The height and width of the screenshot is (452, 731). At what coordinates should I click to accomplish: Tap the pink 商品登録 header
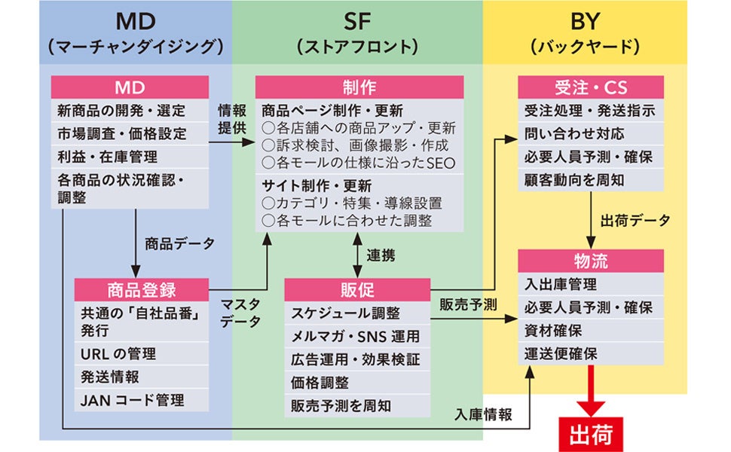click(141, 289)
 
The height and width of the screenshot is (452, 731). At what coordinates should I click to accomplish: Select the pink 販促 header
click(356, 289)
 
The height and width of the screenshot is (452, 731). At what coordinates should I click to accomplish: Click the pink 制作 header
click(359, 87)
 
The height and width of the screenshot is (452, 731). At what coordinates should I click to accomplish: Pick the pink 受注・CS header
click(590, 87)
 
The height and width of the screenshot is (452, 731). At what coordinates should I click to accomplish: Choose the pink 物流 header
click(590, 261)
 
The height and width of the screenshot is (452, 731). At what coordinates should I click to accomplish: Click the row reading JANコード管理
click(132, 399)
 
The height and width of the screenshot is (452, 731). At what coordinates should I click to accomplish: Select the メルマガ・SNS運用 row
click(356, 336)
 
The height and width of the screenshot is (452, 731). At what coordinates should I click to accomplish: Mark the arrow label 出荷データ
click(635, 221)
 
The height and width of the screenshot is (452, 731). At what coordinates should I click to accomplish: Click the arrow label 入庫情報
click(484, 414)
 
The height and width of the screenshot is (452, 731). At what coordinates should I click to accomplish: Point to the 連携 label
click(381, 255)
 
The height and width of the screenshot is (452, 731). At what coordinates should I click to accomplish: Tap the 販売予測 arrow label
click(468, 304)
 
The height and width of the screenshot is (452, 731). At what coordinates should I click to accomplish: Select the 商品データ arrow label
click(179, 243)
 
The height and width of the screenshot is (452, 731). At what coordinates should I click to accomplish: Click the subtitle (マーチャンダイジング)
click(136, 46)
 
